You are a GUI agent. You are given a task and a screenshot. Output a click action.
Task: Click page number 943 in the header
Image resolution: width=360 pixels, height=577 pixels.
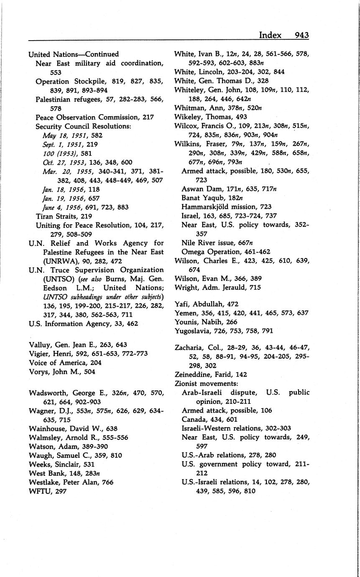point(301,35)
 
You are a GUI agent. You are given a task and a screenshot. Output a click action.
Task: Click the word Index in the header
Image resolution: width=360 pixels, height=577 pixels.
point(270,35)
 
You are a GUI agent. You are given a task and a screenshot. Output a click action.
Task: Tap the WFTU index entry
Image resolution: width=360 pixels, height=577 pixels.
point(39,491)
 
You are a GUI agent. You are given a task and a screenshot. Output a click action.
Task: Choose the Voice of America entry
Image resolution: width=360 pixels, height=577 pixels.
point(56,363)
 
